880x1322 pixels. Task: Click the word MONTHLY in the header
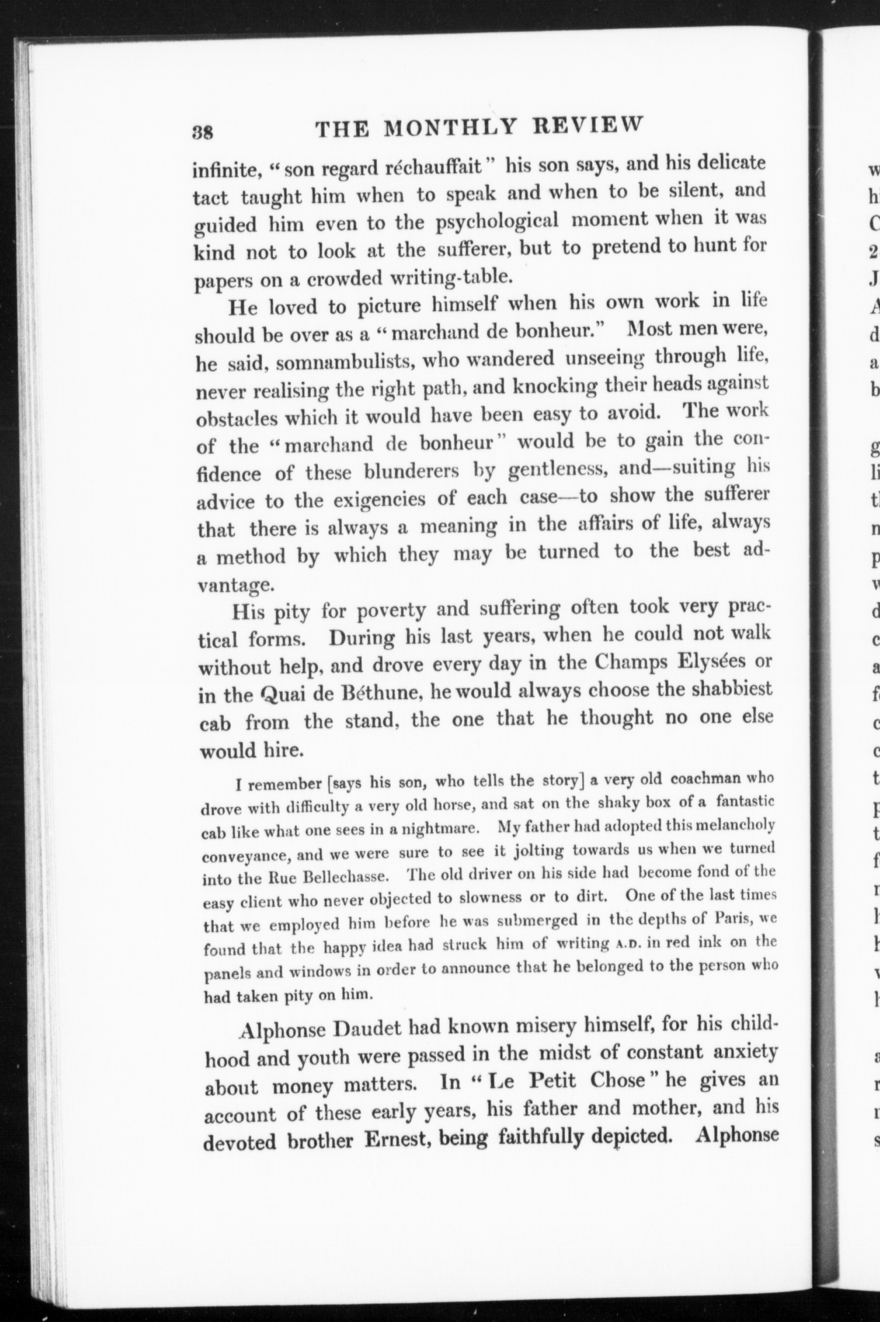[x=449, y=128]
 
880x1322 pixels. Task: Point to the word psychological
[x=497, y=220]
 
